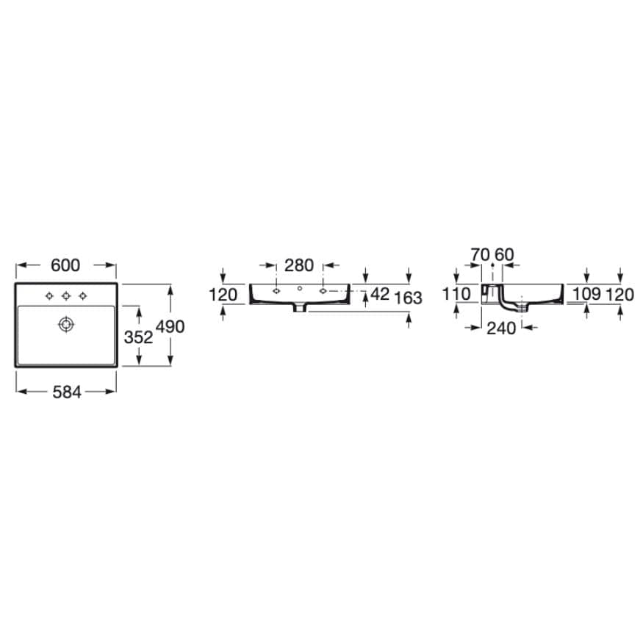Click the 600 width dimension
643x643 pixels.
65,265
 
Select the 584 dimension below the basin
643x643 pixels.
67,392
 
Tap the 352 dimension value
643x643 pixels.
138,337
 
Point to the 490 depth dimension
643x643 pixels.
170,327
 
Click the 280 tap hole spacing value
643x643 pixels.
299,265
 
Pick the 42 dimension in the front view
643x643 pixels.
380,294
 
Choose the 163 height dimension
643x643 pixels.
408,298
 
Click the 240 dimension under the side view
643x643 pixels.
501,328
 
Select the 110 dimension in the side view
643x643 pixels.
456,294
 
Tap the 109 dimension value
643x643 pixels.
587,294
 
